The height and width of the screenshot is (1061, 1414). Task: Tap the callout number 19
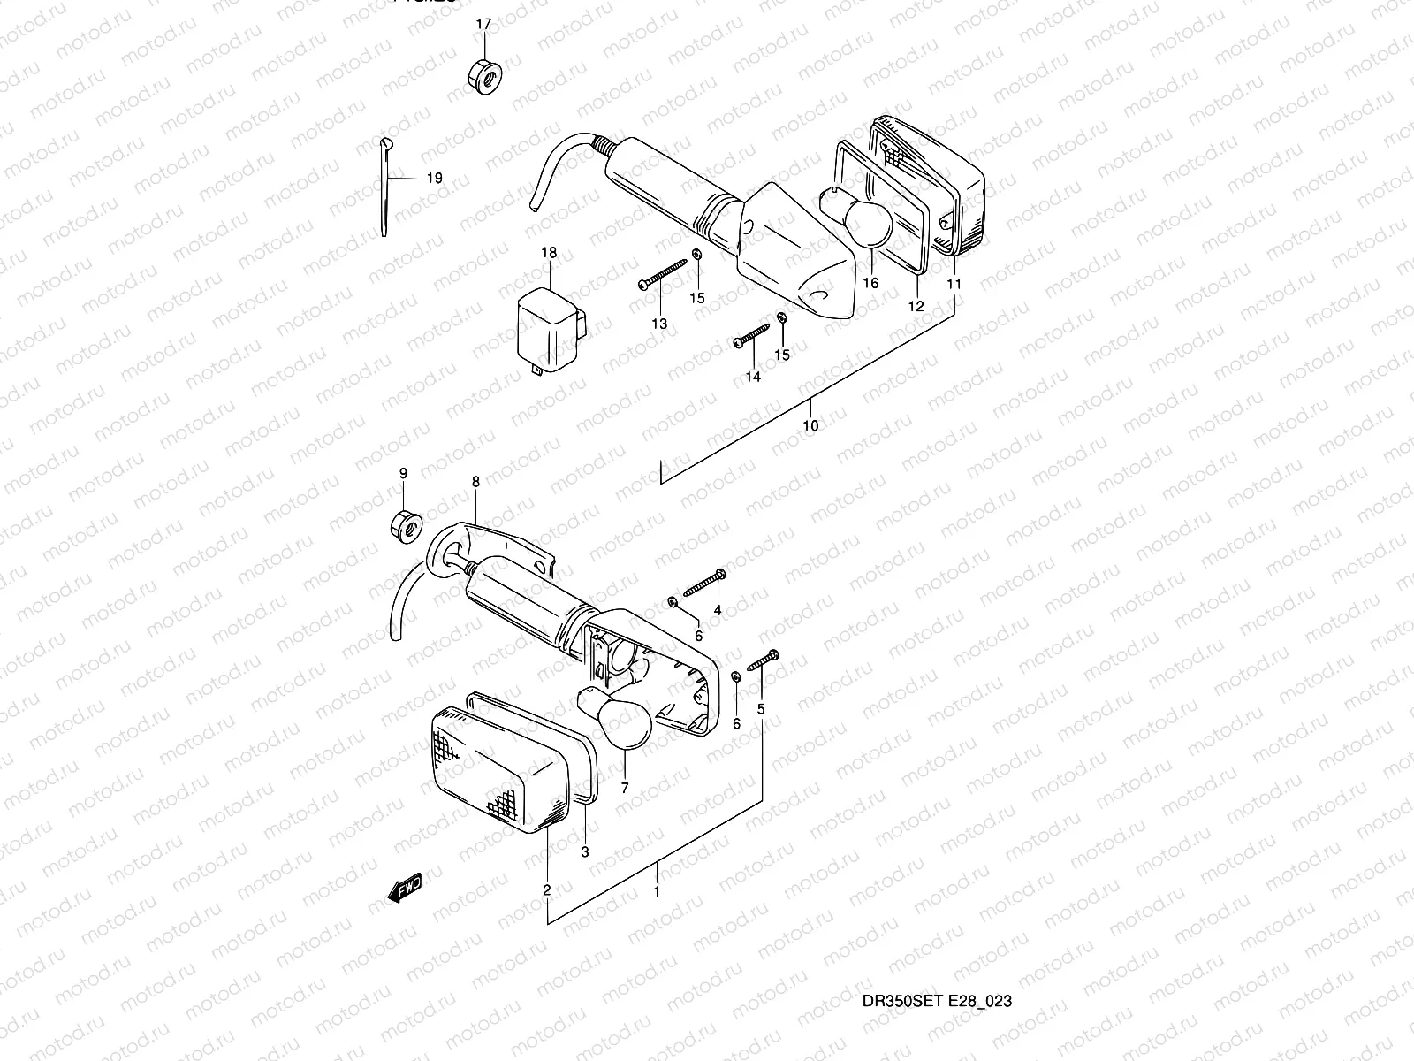433,178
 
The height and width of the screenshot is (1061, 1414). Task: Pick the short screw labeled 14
752,338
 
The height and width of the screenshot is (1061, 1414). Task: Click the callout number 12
916,307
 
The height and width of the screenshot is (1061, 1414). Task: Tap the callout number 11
954,284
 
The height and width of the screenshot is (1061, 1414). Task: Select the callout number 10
810,425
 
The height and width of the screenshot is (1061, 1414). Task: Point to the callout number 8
475,482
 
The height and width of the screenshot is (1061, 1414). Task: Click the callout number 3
584,852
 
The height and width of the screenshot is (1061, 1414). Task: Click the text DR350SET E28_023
937,1001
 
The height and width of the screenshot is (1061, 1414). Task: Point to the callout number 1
656,891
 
